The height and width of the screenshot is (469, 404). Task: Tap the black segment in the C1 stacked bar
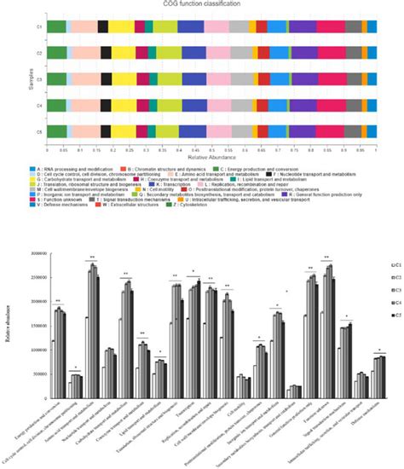103,27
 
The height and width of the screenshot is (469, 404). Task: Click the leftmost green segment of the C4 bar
55,106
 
